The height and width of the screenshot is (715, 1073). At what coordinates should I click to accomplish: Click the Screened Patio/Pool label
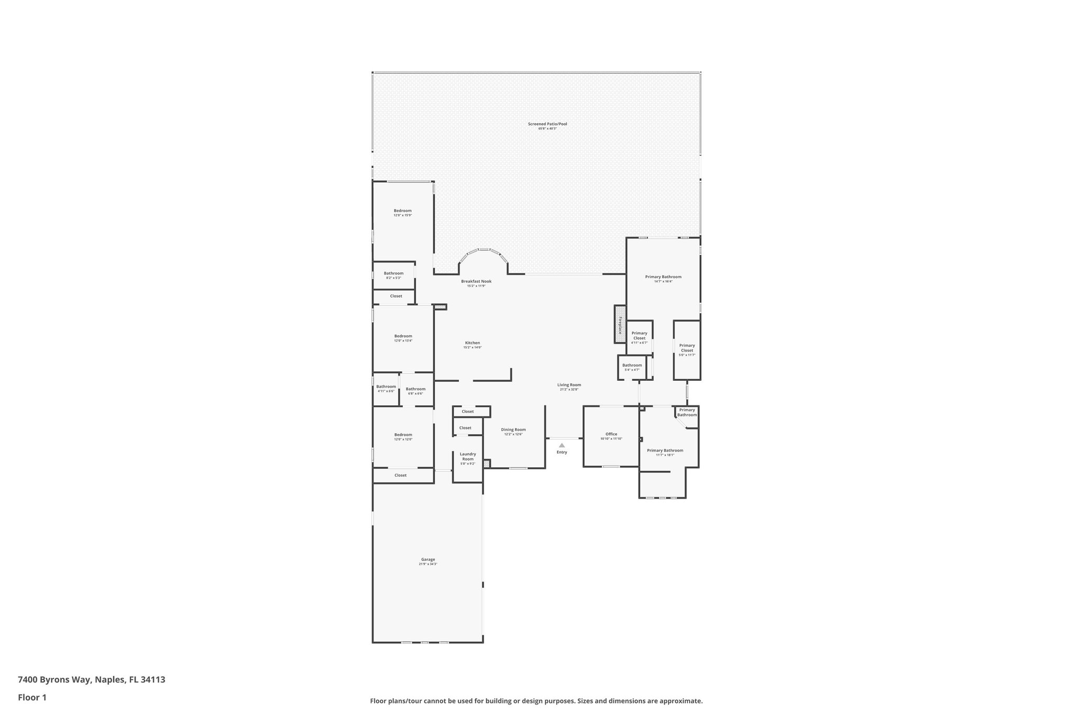[547, 124]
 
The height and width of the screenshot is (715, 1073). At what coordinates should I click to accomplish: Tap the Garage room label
[428, 559]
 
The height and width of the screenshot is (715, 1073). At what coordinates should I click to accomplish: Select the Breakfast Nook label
[476, 281]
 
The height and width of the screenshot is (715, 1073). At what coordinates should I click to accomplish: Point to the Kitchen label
[472, 343]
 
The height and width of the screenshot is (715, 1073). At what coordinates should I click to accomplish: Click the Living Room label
[569, 385]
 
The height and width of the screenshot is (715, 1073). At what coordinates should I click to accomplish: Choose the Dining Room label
[513, 430]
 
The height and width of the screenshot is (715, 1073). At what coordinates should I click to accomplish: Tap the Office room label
[611, 434]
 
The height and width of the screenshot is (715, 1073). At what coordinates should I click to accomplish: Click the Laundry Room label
[468, 457]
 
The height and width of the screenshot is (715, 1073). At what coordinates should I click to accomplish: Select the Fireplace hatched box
[620, 325]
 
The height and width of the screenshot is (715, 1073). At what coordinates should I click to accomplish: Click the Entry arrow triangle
[562, 445]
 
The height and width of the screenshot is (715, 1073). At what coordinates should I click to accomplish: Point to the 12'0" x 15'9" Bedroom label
[402, 211]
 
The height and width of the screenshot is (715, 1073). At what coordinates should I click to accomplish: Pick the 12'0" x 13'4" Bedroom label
[403, 336]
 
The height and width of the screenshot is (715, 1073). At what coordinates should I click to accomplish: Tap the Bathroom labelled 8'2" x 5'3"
[393, 273]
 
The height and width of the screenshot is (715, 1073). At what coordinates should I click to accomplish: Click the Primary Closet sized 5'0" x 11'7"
[687, 348]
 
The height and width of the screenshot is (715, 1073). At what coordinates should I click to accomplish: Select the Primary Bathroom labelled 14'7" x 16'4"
[663, 277]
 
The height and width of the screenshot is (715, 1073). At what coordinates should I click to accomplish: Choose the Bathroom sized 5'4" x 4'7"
[632, 365]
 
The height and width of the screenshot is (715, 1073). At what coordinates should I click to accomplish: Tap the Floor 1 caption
[32, 697]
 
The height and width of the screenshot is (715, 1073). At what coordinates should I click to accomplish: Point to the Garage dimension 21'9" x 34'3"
[428, 564]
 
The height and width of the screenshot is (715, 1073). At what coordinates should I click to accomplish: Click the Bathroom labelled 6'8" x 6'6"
[415, 389]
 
